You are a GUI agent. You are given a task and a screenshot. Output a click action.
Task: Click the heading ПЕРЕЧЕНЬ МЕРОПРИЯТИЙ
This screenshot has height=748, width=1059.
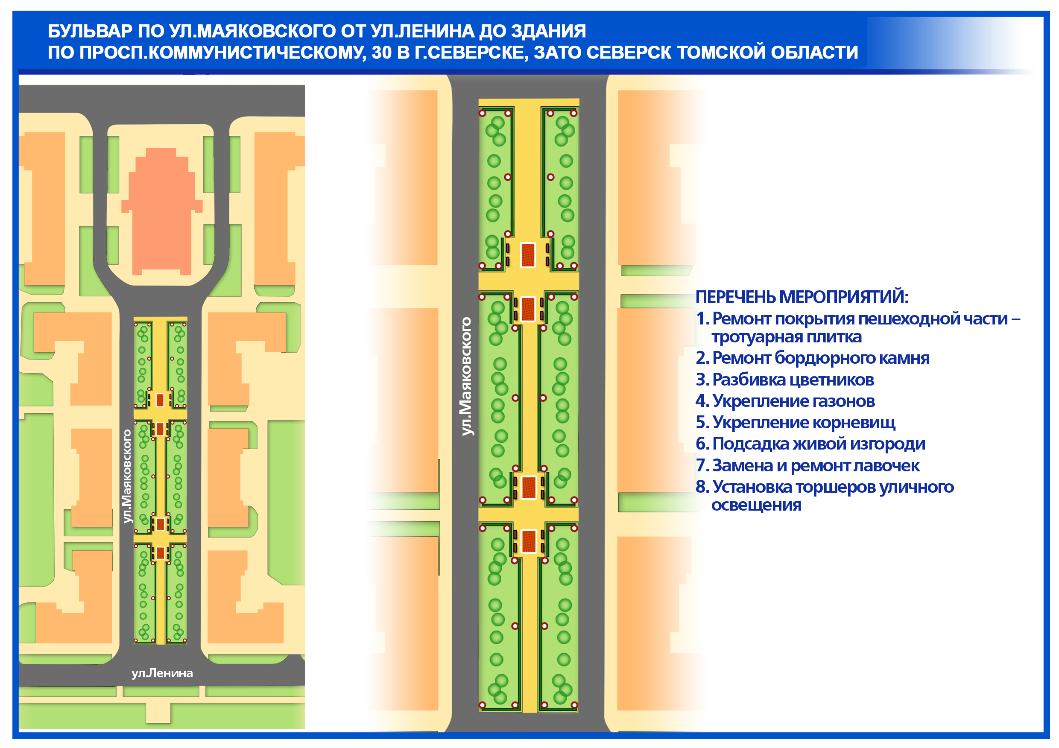[801, 297]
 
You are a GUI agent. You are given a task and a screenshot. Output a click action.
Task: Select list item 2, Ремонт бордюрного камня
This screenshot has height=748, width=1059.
[812, 358]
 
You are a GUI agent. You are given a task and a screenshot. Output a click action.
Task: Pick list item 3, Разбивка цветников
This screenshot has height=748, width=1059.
[784, 380]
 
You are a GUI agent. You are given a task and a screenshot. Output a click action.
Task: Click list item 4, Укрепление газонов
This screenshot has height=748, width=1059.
[785, 401]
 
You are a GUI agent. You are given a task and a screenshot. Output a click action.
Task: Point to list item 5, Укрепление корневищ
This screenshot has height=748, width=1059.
[795, 422]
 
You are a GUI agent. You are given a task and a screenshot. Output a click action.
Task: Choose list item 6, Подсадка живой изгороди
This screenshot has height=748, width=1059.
[810, 444]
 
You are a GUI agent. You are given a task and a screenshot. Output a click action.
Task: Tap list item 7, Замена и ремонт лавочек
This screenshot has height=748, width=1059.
[807, 466]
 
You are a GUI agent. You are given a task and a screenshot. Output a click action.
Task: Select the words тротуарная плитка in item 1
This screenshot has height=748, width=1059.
[787, 337]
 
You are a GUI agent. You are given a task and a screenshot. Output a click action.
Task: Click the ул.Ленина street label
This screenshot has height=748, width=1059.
[162, 673]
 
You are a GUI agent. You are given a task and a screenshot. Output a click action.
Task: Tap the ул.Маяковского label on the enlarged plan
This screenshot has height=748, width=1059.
[467, 376]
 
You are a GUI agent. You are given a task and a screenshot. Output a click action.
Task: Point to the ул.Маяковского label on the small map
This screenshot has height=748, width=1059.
[127, 476]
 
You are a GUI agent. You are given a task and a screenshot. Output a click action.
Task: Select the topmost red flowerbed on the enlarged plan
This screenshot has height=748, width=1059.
[528, 255]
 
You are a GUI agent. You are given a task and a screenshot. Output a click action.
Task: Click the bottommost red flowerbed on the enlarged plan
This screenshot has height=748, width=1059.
[529, 541]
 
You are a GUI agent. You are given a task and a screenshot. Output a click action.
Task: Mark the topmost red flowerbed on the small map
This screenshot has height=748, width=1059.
[160, 400]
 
